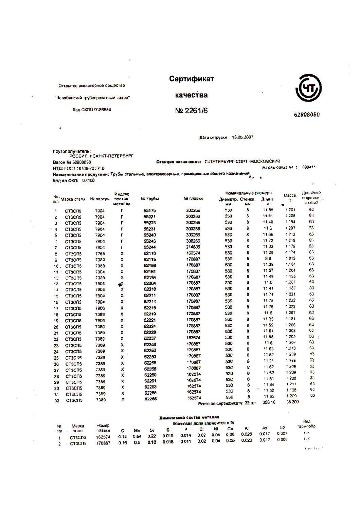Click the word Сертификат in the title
point(192,79)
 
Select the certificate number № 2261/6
point(191,111)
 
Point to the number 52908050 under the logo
point(306,115)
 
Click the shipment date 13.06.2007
point(242,137)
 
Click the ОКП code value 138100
point(88,181)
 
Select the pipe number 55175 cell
point(149,211)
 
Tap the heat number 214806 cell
point(193,247)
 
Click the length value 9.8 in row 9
point(268,259)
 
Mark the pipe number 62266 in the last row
point(150,399)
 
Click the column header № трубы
point(150,199)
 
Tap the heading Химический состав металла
point(189,417)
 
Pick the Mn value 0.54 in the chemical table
point(137,436)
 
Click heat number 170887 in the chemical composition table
point(103,443)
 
